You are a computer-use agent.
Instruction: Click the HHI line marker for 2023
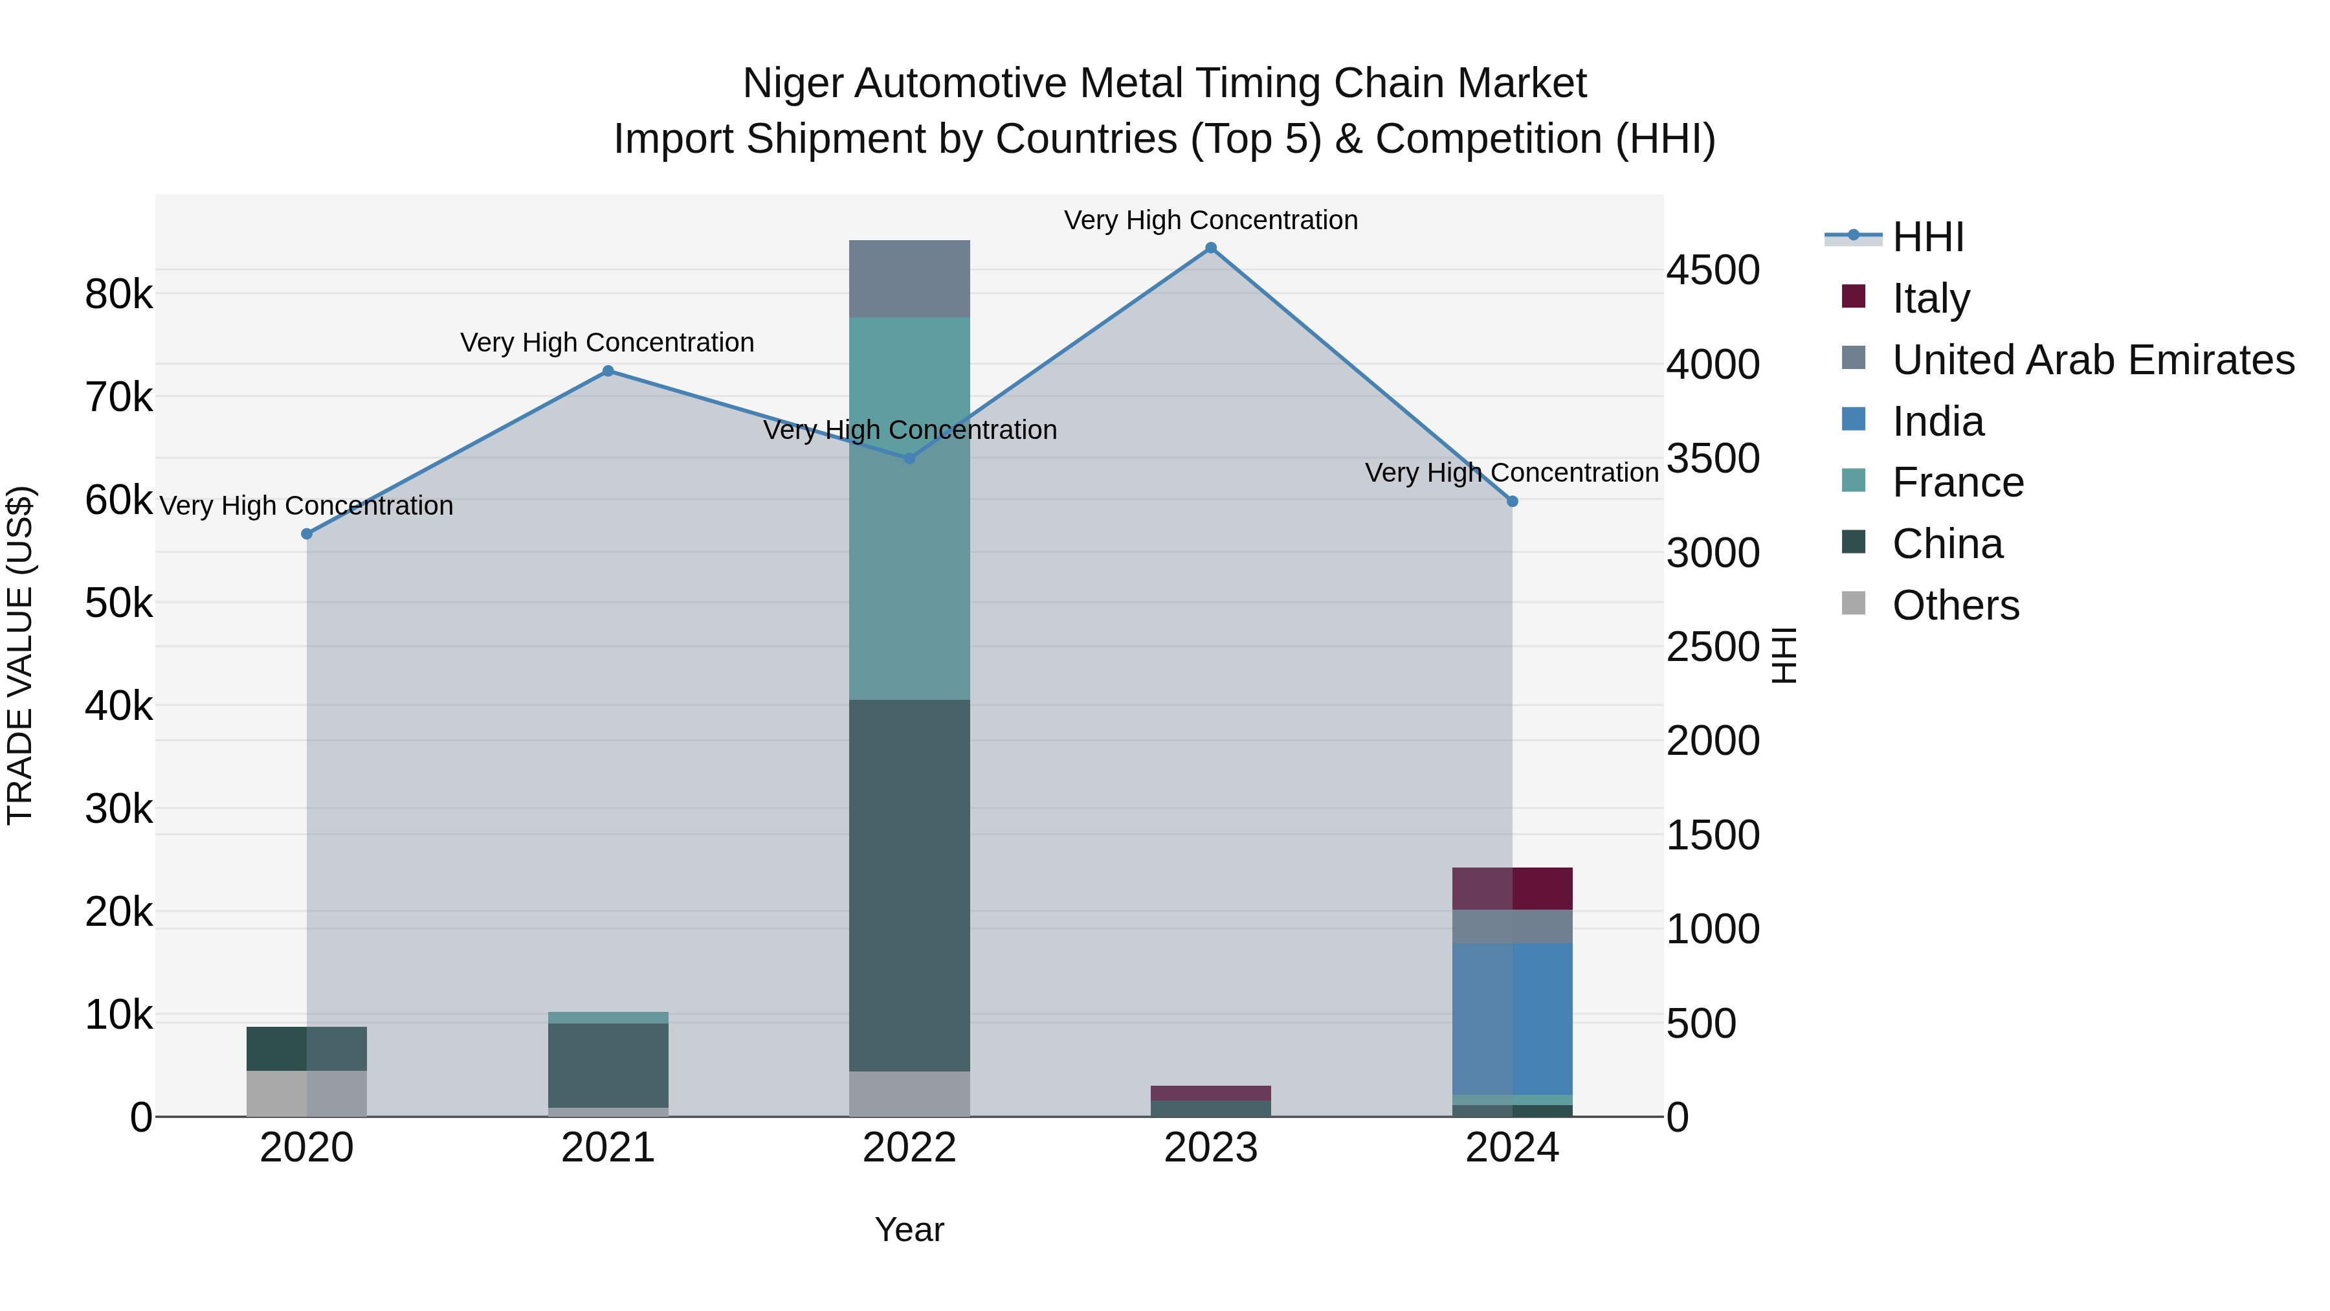[x=1210, y=248]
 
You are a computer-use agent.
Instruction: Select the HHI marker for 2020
[x=307, y=534]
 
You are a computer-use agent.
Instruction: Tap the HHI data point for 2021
[x=608, y=371]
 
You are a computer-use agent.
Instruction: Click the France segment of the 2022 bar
[x=909, y=508]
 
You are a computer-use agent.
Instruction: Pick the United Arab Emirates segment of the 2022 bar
[x=909, y=278]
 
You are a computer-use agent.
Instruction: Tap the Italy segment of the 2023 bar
[x=1210, y=1093]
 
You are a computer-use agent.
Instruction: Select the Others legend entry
[x=1955, y=605]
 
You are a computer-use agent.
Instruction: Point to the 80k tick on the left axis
[x=118, y=294]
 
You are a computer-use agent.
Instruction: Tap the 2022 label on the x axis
[x=909, y=1148]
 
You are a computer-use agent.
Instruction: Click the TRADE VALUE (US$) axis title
[x=20, y=655]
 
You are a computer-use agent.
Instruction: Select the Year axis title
[x=909, y=1229]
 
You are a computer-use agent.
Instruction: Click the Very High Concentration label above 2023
[x=1210, y=220]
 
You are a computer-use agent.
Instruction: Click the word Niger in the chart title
[x=792, y=84]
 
